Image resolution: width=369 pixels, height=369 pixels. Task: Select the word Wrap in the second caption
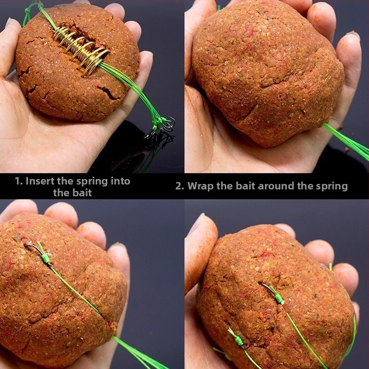click(x=201, y=186)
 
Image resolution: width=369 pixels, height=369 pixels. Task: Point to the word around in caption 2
click(x=276, y=186)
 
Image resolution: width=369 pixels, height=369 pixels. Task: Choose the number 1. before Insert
click(x=19, y=181)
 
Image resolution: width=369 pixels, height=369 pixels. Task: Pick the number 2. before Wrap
click(x=180, y=186)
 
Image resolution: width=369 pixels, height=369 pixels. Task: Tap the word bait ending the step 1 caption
click(x=82, y=193)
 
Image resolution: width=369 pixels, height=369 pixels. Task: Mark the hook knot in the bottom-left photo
click(x=46, y=258)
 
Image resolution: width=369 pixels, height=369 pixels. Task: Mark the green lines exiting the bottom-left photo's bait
click(x=139, y=353)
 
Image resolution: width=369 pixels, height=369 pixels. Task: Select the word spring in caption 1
click(x=92, y=182)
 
